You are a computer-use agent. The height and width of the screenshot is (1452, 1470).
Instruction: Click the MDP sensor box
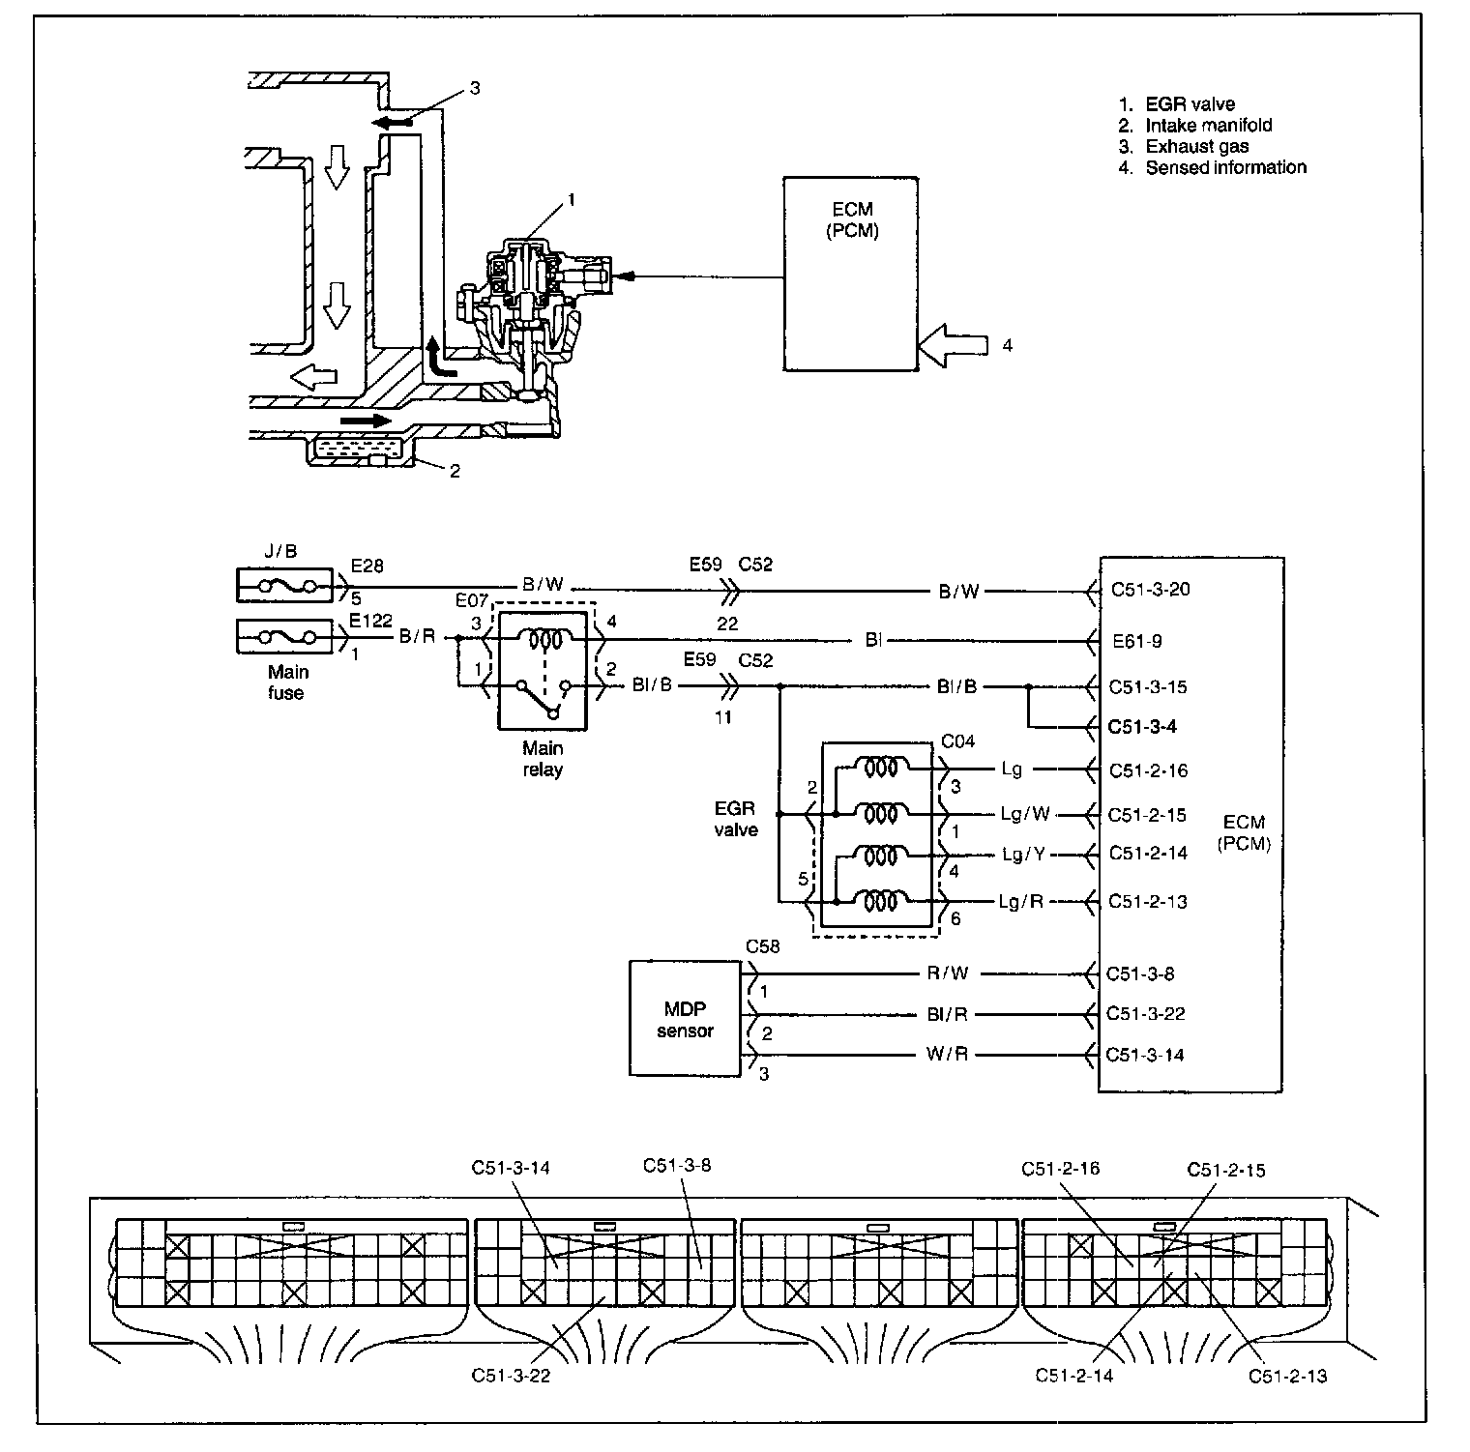point(685,1017)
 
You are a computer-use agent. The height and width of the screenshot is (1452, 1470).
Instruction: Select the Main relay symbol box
point(543,669)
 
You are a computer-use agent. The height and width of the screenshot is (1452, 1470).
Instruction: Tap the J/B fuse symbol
point(284,586)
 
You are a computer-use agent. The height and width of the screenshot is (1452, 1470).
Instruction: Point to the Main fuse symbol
point(284,636)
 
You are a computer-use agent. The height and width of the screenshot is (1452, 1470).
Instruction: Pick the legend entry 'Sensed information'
point(1225,167)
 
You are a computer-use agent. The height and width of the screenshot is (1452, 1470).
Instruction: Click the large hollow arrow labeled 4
point(952,345)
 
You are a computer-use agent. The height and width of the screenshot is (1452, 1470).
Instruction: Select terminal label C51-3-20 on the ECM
point(1150,589)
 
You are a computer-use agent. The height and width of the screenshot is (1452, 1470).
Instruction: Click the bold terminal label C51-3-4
point(1142,726)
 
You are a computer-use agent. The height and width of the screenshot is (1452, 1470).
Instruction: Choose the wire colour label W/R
point(947,1055)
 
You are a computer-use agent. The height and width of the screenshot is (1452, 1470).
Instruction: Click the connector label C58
point(762,945)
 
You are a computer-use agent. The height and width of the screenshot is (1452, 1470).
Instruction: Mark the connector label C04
point(957,741)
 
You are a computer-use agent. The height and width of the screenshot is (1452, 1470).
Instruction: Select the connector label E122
point(369,621)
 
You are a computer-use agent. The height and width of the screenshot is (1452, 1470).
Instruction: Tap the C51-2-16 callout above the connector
point(1060,1169)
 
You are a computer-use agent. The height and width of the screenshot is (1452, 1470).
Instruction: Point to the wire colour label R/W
point(947,973)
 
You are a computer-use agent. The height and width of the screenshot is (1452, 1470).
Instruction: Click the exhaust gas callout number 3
point(475,88)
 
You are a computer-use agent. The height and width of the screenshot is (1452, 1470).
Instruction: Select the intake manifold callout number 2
point(454,471)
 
